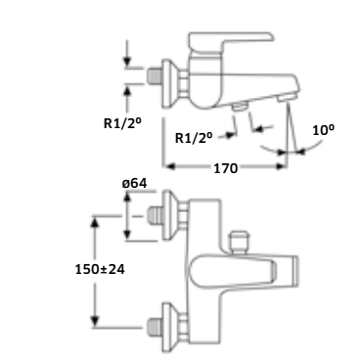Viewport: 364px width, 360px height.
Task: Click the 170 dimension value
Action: [x=225, y=168]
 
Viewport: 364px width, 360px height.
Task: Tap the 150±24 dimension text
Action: [x=100, y=269]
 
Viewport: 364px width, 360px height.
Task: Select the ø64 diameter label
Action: [x=134, y=184]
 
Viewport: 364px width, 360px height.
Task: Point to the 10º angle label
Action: [x=324, y=130]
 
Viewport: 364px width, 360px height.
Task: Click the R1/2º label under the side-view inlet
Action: [x=122, y=123]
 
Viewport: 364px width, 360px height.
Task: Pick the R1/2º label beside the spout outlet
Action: [x=194, y=138]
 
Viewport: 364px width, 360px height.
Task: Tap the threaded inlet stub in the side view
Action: [x=155, y=75]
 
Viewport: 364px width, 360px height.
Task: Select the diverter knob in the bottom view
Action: [x=239, y=242]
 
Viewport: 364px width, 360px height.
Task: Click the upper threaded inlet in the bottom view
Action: [x=156, y=215]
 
